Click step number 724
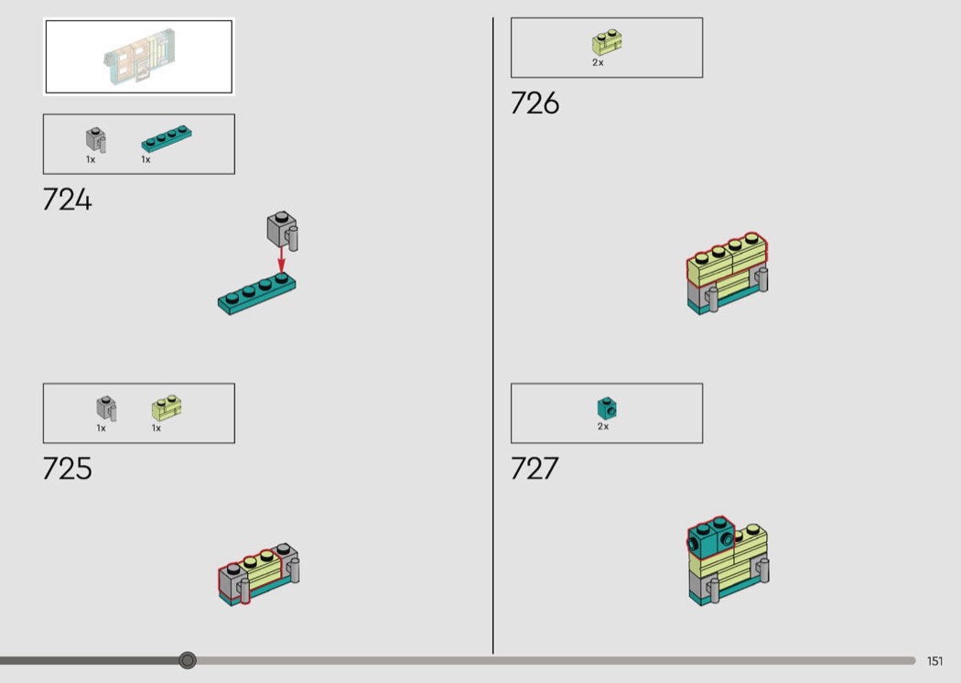tap(68, 200)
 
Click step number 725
tap(68, 469)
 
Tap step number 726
tap(535, 103)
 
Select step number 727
tap(534, 469)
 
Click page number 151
tap(934, 661)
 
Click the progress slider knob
tap(188, 660)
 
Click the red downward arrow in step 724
tap(281, 260)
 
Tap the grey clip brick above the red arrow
tap(283, 231)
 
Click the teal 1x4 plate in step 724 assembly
tap(257, 294)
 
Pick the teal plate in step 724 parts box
tap(166, 138)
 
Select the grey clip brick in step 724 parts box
tap(95, 140)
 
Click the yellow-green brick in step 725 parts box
tap(167, 407)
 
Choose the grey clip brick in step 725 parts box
tap(106, 408)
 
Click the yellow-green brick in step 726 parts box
tap(607, 43)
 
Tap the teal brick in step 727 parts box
tap(607, 408)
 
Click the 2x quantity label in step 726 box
tap(599, 62)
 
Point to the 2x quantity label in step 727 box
tap(603, 426)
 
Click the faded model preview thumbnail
tap(139, 57)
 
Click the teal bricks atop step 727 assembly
tap(711, 537)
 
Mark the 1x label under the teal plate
tap(146, 159)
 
